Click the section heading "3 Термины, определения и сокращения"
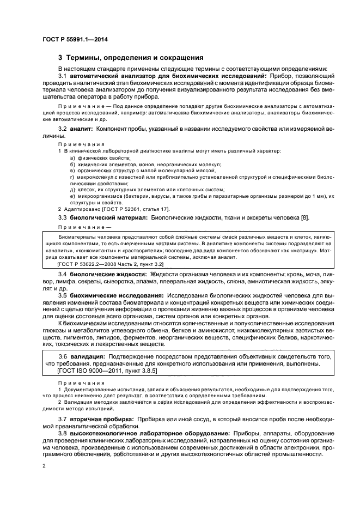(131, 58)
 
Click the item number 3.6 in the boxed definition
(63, 356)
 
